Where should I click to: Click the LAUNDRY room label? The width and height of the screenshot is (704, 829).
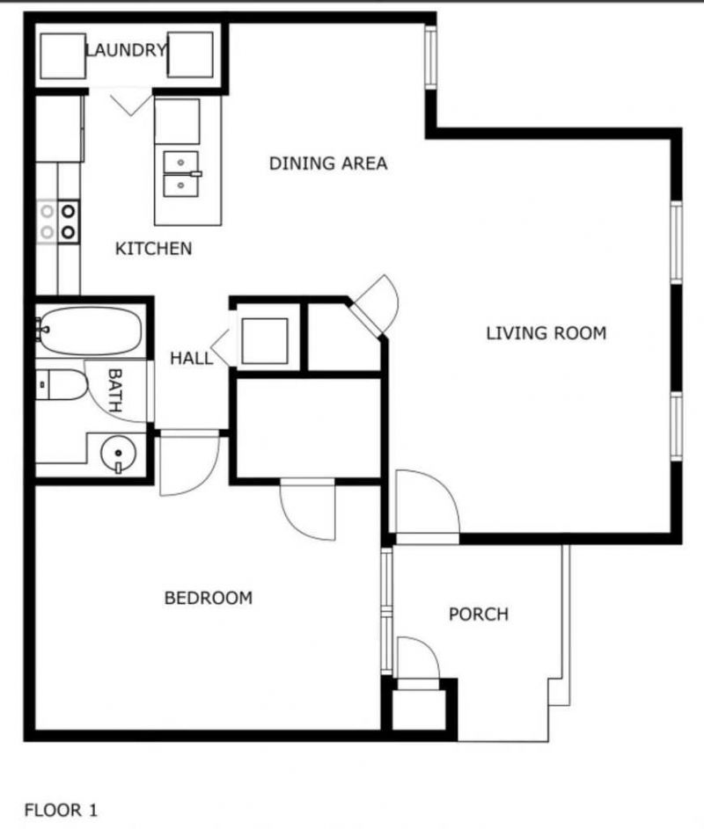click(x=126, y=50)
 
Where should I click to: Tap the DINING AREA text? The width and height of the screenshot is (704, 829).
click(x=327, y=164)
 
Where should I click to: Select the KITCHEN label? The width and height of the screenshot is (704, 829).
click(x=153, y=249)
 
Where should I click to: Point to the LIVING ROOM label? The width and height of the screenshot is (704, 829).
click(x=546, y=333)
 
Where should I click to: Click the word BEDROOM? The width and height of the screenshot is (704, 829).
click(x=209, y=598)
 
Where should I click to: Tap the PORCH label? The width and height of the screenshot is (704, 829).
click(x=479, y=614)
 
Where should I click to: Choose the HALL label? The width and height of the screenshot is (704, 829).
click(x=191, y=358)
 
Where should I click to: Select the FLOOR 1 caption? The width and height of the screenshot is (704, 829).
click(x=61, y=810)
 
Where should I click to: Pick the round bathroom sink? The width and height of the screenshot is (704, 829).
click(x=119, y=454)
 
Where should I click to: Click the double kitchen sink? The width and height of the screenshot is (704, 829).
click(x=182, y=173)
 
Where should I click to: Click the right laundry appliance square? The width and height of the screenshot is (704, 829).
click(x=190, y=55)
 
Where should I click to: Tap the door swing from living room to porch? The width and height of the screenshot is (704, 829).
click(x=426, y=506)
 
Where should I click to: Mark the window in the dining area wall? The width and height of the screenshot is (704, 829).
click(x=429, y=56)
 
